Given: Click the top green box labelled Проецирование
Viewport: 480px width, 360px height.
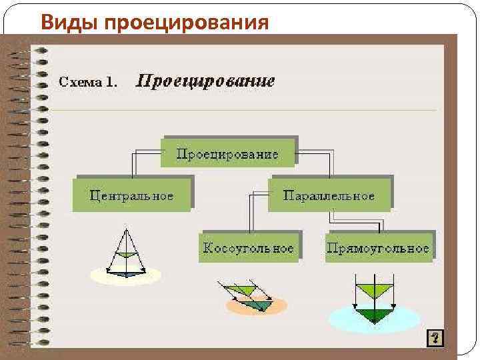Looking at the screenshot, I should point(227,153).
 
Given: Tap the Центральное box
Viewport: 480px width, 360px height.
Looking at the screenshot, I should point(132,195).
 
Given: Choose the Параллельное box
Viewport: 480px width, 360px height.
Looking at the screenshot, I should point(329,195).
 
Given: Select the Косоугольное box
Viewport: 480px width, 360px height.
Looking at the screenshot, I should point(248,248).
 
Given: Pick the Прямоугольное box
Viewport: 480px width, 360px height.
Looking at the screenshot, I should point(378,248).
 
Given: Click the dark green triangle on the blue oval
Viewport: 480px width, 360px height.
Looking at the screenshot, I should point(374,315).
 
